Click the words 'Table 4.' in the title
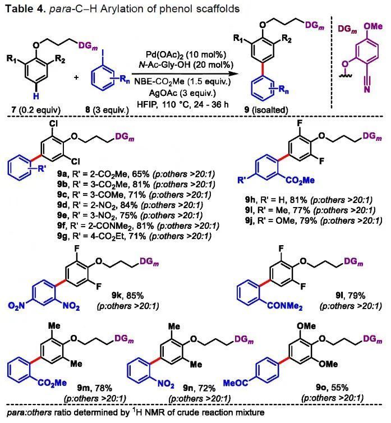pyautogui.click(x=26, y=8)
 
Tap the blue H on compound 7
pyautogui.click(x=36, y=96)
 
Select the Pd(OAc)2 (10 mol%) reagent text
pyautogui.click(x=186, y=55)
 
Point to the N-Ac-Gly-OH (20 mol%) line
pyautogui.click(x=186, y=65)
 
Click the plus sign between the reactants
pyautogui.click(x=77, y=77)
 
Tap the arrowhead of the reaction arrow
pyautogui.click(x=230, y=73)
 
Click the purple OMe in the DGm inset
pyautogui.click(x=373, y=26)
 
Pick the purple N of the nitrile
pyautogui.click(x=367, y=89)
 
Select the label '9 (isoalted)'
pyautogui.click(x=266, y=110)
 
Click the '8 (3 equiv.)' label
pyautogui.click(x=107, y=110)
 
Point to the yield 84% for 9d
pyautogui.click(x=129, y=205)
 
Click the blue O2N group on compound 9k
pyautogui.click(x=16, y=306)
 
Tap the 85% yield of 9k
pyautogui.click(x=135, y=296)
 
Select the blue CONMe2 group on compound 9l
pyautogui.click(x=284, y=306)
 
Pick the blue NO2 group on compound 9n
pyautogui.click(x=165, y=384)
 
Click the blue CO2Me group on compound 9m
pyautogui.click(x=52, y=383)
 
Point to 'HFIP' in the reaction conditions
pyautogui.click(x=147, y=104)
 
